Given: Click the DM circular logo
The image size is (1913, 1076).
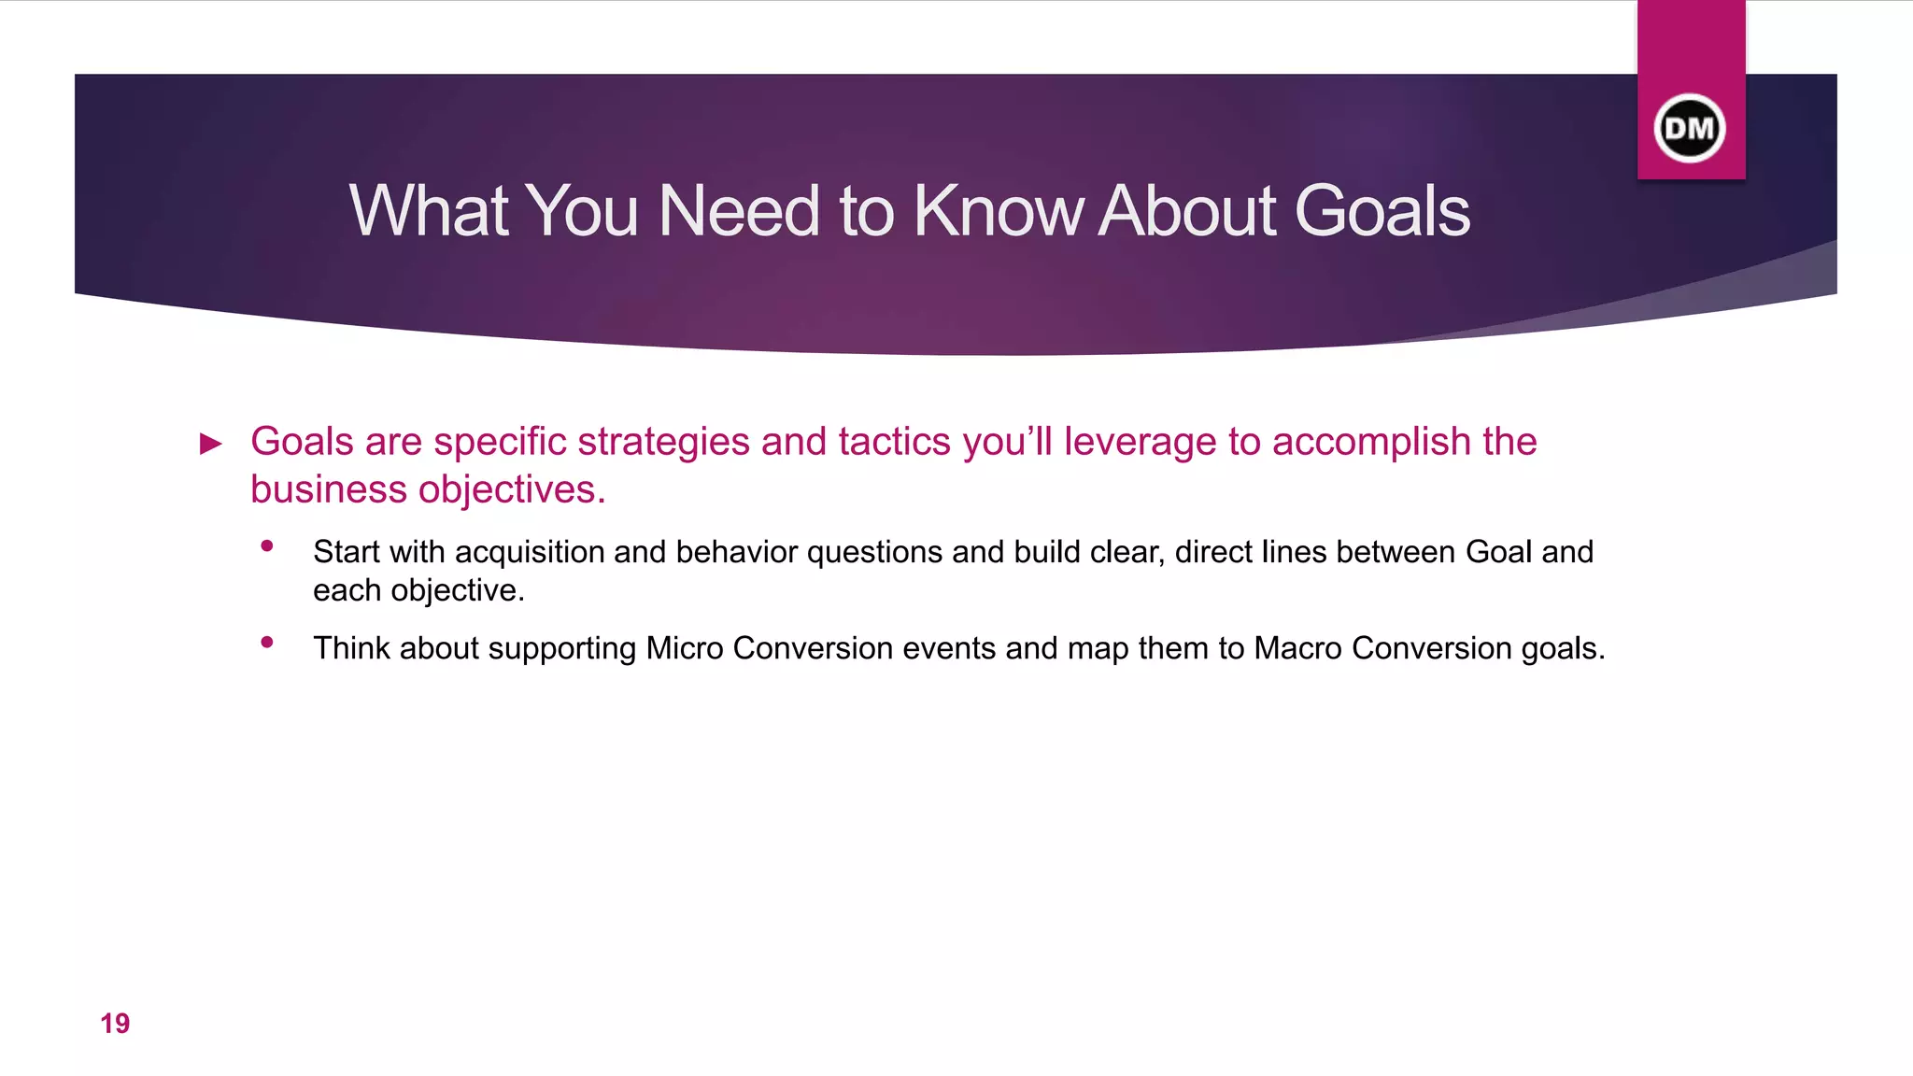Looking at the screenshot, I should point(1690,128).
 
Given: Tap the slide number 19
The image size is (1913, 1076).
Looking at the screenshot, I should point(115,1024).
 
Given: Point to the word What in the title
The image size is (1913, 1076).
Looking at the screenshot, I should point(430,211).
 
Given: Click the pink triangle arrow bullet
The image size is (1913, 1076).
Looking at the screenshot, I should point(212,444).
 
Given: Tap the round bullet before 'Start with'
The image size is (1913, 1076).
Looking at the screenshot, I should point(267,546).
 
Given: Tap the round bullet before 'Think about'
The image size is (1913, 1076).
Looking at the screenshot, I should point(267,643).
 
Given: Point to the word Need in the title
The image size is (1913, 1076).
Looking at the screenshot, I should point(739,211).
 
